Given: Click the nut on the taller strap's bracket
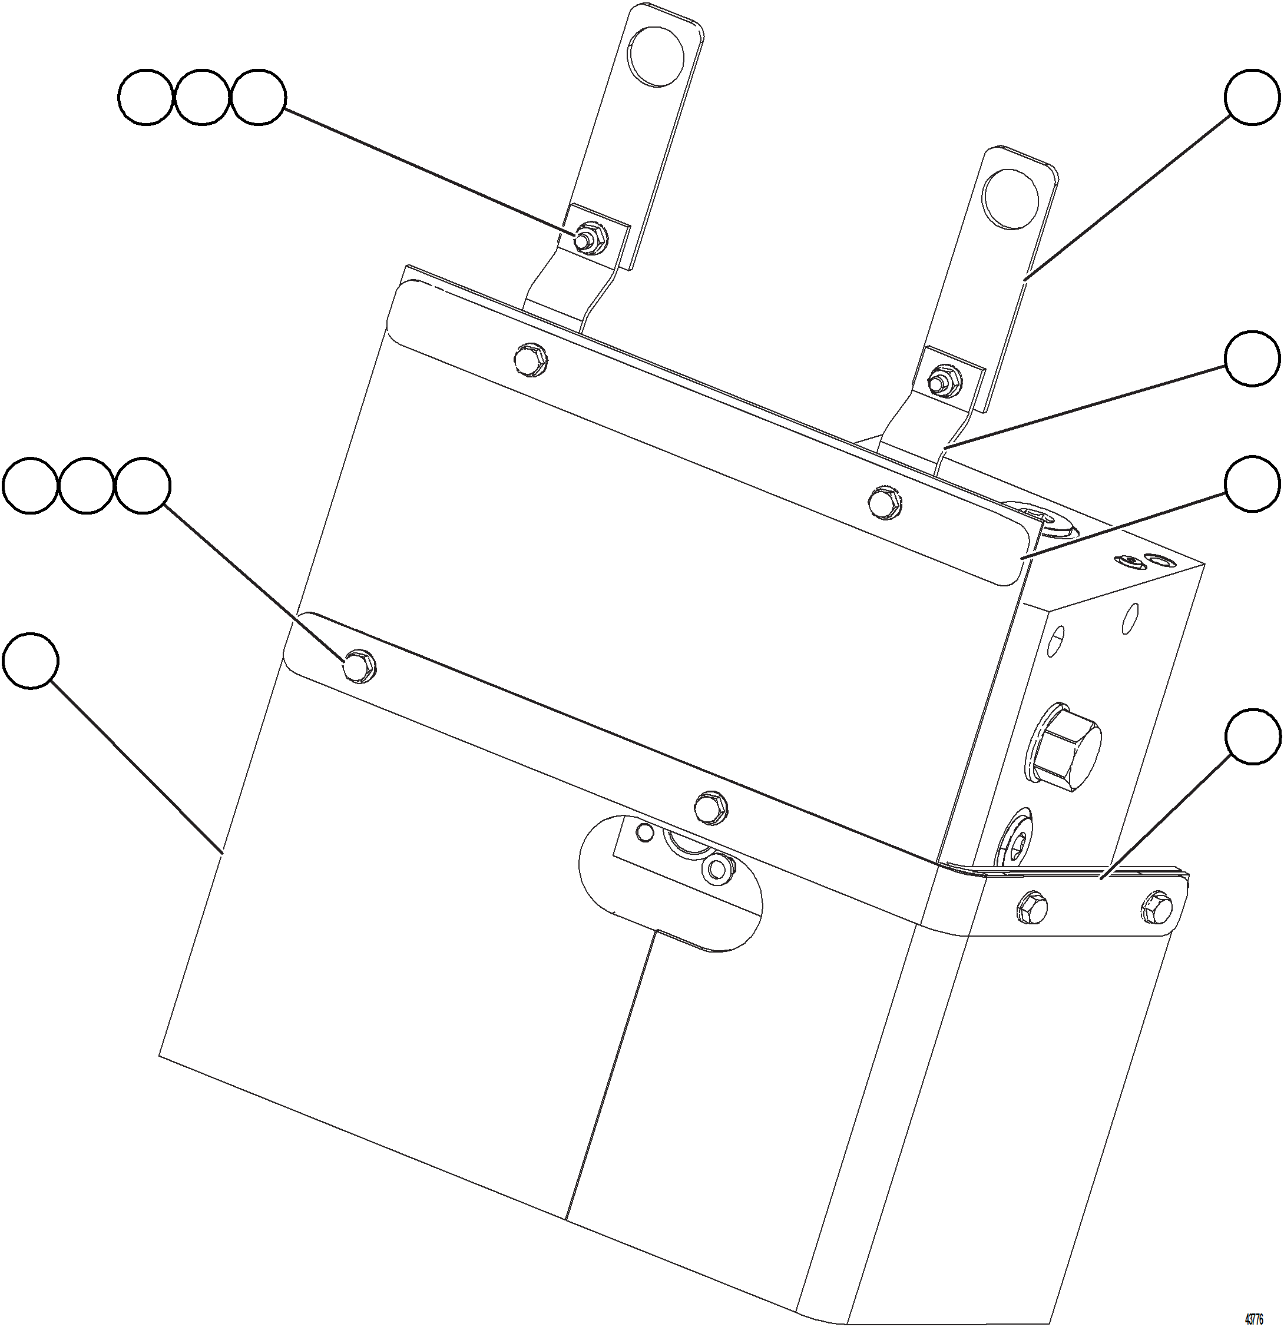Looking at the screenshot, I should coord(588,238).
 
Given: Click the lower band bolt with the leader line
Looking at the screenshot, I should coord(358,666).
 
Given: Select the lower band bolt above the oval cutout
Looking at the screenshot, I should coord(710,807).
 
